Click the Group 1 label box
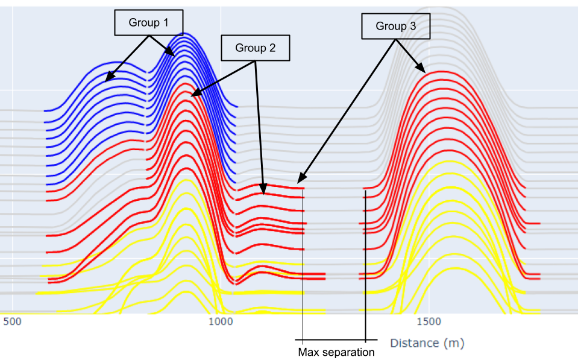(148, 22)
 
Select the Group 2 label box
(256, 48)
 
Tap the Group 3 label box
(396, 27)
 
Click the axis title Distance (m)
(427, 343)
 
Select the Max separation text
(336, 352)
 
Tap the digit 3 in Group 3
(413, 27)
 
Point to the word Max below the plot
(309, 352)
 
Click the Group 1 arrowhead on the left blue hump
(108, 79)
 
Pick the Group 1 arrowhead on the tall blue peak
(174, 55)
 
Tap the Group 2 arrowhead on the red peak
(193, 95)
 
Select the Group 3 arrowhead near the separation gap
(300, 180)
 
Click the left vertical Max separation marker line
(303, 265)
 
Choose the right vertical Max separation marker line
(365, 265)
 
